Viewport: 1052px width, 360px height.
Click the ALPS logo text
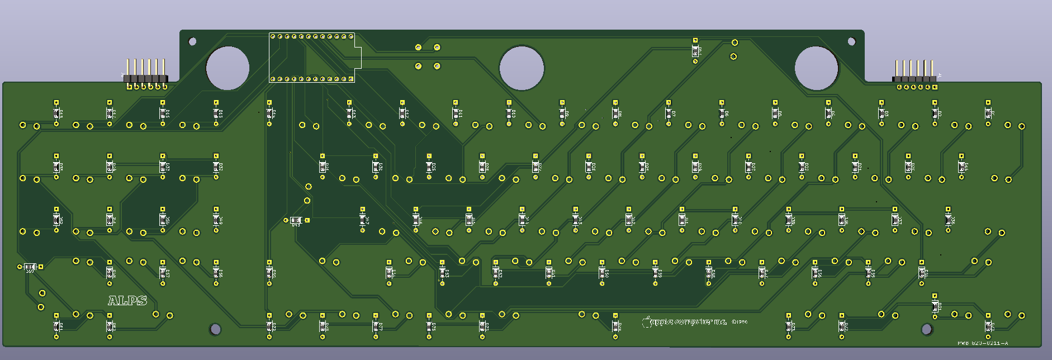coord(127,301)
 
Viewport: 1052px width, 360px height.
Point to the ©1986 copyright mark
coord(739,322)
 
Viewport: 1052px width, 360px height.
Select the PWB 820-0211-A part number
coord(982,343)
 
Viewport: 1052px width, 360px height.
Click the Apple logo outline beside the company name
coord(647,321)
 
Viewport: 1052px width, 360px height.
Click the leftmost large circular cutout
coord(228,68)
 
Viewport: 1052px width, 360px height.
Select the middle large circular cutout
coord(522,68)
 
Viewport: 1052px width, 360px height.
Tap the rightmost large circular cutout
coord(816,68)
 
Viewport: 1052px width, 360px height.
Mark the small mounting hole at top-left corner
coord(192,41)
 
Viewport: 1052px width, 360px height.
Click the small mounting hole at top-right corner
coord(851,41)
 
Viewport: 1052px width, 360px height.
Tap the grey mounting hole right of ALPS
coord(215,329)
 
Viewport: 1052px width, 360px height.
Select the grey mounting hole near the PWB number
coord(926,329)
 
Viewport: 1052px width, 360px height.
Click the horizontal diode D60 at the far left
coord(30,267)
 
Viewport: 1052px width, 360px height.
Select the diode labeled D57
coord(163,272)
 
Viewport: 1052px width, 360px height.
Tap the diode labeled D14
coord(269,113)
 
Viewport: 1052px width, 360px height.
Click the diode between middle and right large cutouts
coord(695,51)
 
